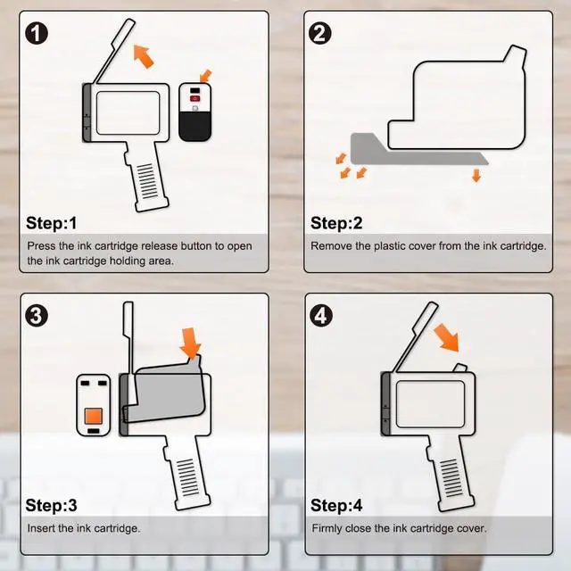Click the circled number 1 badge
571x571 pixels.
tap(37, 34)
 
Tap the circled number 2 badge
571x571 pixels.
tap(319, 33)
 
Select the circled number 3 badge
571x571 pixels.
tap(37, 315)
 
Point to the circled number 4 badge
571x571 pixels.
tap(321, 315)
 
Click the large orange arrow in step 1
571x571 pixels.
tap(145, 56)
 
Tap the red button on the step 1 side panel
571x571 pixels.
tap(194, 98)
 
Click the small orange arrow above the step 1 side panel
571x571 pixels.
tap(205, 76)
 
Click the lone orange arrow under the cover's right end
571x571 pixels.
tap(476, 175)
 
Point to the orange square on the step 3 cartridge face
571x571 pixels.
tap(93, 416)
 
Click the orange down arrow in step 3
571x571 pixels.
tap(190, 343)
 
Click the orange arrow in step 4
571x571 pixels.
tap(447, 337)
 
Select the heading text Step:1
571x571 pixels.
tap(52, 223)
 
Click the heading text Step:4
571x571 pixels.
tap(336, 505)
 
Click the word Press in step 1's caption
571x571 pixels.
tap(41, 246)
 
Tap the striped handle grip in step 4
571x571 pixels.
tap(451, 478)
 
